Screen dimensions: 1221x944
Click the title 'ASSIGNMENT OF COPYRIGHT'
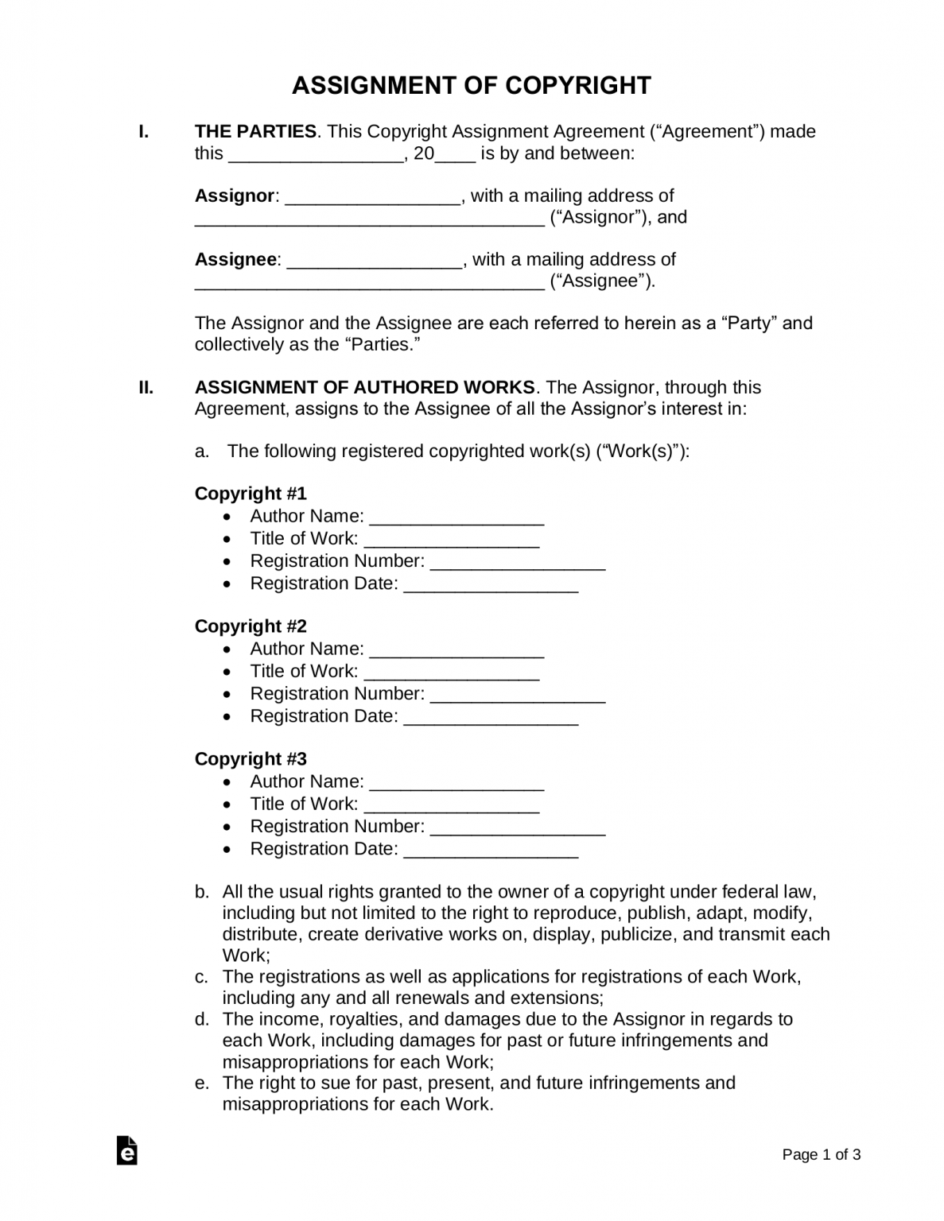471,85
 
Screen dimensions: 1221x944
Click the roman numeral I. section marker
144,132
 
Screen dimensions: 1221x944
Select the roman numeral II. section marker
146,388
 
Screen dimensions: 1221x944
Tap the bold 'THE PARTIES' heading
255,132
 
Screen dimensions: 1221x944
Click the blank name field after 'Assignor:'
372,197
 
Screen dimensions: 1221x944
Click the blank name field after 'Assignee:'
374,261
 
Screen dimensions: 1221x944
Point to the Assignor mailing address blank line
370,219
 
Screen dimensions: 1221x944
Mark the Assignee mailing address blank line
370,282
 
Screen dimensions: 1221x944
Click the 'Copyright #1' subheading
251,494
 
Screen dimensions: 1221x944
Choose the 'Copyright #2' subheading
251,626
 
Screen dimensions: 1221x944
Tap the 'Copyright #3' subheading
251,759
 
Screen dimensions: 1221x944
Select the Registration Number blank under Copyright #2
517,695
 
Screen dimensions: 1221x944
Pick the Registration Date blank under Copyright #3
491,850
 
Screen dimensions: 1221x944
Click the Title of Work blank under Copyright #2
451,673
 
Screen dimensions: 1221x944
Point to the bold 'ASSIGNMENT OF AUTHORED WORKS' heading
364,388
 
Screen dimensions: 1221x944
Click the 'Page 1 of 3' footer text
821,1155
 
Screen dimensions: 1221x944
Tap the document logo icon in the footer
127,1151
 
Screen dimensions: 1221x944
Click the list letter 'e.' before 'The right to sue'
202,1083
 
